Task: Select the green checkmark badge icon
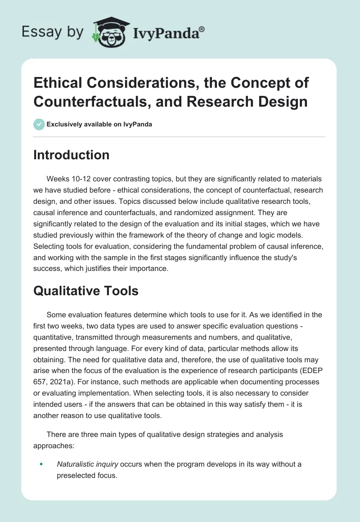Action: [x=39, y=124]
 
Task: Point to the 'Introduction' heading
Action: [x=72, y=155]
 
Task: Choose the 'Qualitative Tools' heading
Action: [x=86, y=291]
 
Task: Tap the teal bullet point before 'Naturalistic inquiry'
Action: [x=41, y=463]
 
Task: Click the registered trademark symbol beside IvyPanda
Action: [x=202, y=29]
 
